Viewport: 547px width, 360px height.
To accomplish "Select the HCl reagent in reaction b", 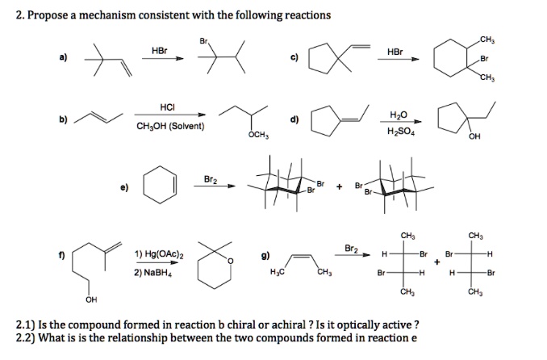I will tap(168, 108).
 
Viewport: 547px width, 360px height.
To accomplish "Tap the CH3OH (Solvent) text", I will tap(170, 126).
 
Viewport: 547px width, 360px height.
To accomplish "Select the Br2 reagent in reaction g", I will tap(351, 248).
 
